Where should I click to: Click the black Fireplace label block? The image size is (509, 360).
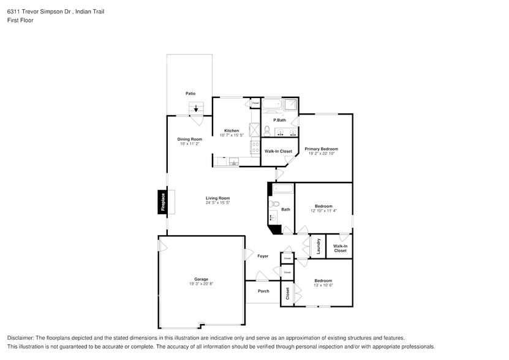pos(163,202)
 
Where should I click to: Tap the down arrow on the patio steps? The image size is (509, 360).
pos(196,109)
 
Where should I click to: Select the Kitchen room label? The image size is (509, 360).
pos(232,130)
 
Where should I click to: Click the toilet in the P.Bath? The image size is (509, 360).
pos(268,130)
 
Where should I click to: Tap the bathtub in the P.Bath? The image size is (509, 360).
pos(272,104)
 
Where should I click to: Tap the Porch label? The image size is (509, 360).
pos(263,291)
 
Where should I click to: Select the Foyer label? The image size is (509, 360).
pos(263,256)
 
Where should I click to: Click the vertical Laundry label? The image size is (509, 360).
pos(319,246)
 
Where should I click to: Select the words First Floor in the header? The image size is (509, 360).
pos(20,20)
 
